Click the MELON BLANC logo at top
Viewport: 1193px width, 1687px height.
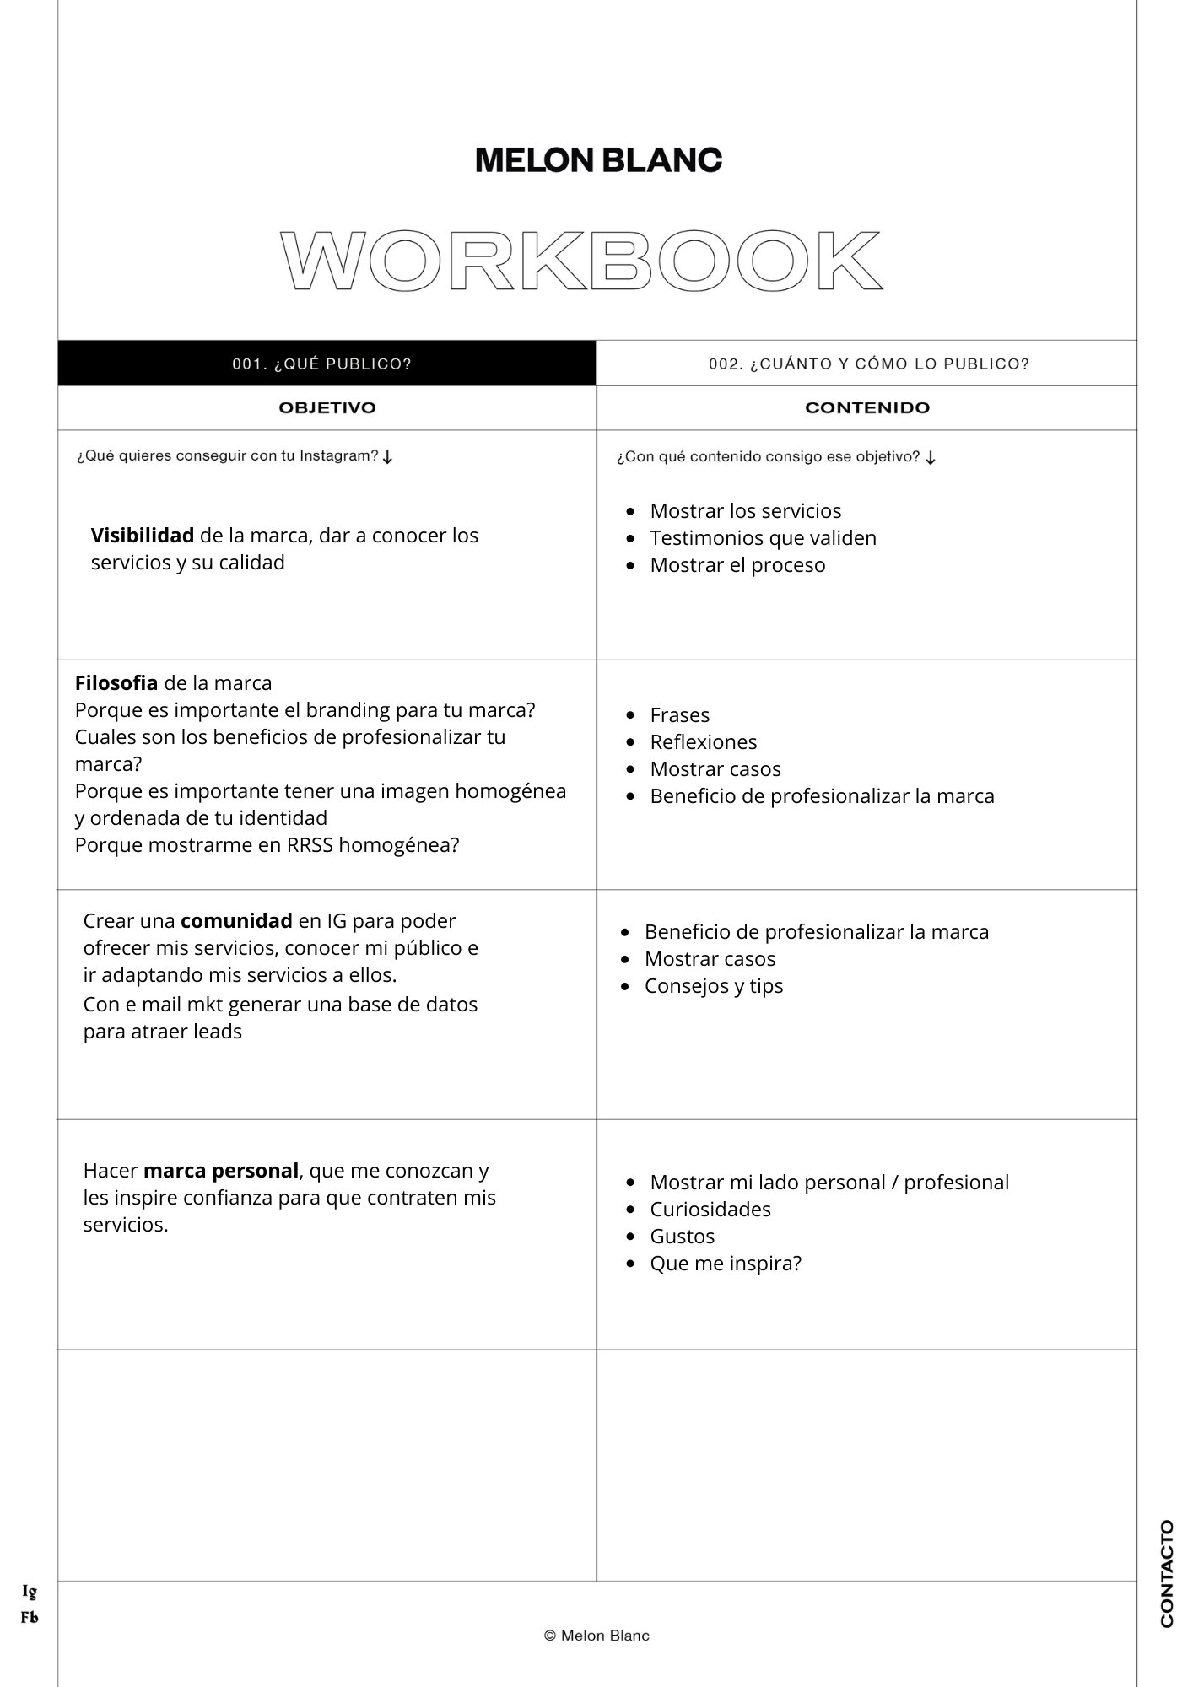pyautogui.click(x=598, y=160)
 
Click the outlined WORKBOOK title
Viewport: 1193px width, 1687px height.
pyautogui.click(x=580, y=260)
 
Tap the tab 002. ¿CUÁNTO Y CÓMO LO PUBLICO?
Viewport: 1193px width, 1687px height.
pyautogui.click(x=868, y=364)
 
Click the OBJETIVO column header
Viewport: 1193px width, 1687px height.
pyautogui.click(x=327, y=407)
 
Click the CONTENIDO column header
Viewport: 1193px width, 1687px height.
pyautogui.click(x=867, y=407)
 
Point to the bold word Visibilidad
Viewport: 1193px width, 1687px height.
pyautogui.click(x=142, y=536)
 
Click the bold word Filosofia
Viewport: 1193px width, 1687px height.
pyautogui.click(x=116, y=683)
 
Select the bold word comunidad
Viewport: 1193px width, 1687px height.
pyautogui.click(x=236, y=920)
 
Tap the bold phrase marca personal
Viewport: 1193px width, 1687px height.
pyautogui.click(x=221, y=1171)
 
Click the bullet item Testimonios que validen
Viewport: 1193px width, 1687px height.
pyautogui.click(x=763, y=538)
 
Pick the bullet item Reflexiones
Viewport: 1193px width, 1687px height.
pyautogui.click(x=703, y=742)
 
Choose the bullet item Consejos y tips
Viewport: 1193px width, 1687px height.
pyautogui.click(x=713, y=986)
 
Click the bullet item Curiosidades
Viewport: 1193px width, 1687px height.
pyautogui.click(x=710, y=1210)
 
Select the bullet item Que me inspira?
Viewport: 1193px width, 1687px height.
pyautogui.click(x=725, y=1264)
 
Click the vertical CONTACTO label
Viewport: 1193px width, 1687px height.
pyautogui.click(x=1167, y=1573)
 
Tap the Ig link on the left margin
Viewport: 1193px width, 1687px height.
pyautogui.click(x=30, y=1592)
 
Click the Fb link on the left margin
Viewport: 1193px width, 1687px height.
pyautogui.click(x=30, y=1617)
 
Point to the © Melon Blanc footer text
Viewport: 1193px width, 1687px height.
pyautogui.click(x=596, y=1636)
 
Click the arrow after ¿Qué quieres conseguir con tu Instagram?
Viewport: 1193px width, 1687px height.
pyautogui.click(x=387, y=457)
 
